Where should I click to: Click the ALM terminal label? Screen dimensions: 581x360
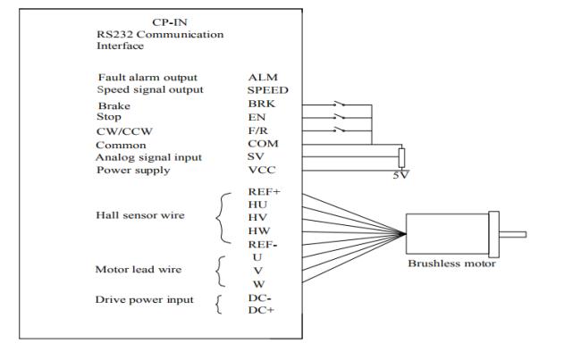click(263, 78)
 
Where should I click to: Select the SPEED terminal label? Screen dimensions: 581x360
click(267, 90)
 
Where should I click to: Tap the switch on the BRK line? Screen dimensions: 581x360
click(340, 104)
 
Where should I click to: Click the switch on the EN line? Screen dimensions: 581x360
click(340, 117)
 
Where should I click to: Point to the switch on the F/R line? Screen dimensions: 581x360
click(340, 130)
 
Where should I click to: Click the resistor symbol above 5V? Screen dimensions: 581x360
click(401, 158)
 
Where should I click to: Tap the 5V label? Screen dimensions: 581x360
click(401, 175)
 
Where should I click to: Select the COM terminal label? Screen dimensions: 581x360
click(263, 144)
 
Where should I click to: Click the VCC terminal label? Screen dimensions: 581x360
click(262, 170)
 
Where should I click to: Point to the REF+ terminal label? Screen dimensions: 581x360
click(265, 192)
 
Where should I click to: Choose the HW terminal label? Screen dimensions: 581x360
click(259, 230)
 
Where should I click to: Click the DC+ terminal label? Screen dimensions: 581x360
click(261, 310)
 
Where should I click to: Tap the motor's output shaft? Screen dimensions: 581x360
click(512, 234)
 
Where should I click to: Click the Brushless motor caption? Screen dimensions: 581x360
click(451, 264)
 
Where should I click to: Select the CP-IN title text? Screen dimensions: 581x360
click(170, 22)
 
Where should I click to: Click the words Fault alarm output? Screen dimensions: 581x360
click(147, 78)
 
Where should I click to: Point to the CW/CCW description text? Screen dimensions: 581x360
click(124, 131)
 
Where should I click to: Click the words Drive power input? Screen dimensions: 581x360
click(144, 299)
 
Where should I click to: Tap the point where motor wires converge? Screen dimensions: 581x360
click(405, 234)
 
